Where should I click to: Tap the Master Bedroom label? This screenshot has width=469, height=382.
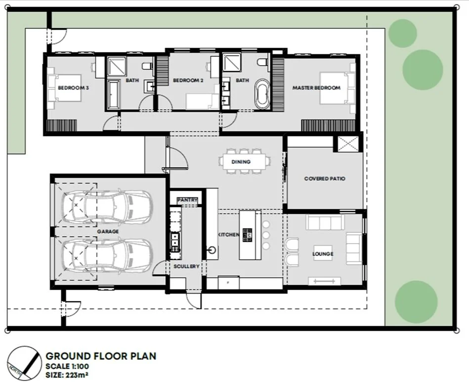(x=316, y=88)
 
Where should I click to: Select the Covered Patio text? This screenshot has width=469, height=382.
(x=325, y=178)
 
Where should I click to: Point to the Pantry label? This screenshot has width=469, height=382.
(x=187, y=200)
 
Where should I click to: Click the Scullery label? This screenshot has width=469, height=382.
(x=186, y=266)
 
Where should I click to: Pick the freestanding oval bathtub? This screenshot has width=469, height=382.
(x=262, y=93)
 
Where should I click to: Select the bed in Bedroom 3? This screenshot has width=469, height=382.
(x=64, y=88)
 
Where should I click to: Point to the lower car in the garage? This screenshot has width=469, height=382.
(x=106, y=255)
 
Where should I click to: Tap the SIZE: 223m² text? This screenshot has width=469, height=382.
(x=67, y=375)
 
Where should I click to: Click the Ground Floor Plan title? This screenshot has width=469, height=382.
(x=101, y=356)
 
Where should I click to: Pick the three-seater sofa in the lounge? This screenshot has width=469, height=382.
(x=325, y=222)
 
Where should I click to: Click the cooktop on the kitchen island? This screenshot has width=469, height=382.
(x=248, y=235)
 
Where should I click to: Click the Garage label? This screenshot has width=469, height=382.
(x=108, y=232)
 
